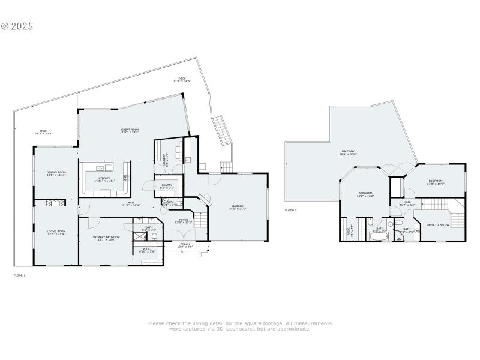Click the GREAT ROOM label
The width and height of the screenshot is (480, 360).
130,131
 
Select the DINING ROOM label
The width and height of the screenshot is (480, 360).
56,173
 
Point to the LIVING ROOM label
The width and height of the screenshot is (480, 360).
56,232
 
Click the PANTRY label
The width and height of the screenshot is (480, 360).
167,186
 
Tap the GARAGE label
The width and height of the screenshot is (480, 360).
238,208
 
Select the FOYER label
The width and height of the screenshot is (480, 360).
184,221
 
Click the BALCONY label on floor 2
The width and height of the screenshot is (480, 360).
349,152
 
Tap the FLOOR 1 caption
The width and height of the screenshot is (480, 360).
20,275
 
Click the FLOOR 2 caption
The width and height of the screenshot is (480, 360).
291,211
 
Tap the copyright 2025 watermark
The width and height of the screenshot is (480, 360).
17,26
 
